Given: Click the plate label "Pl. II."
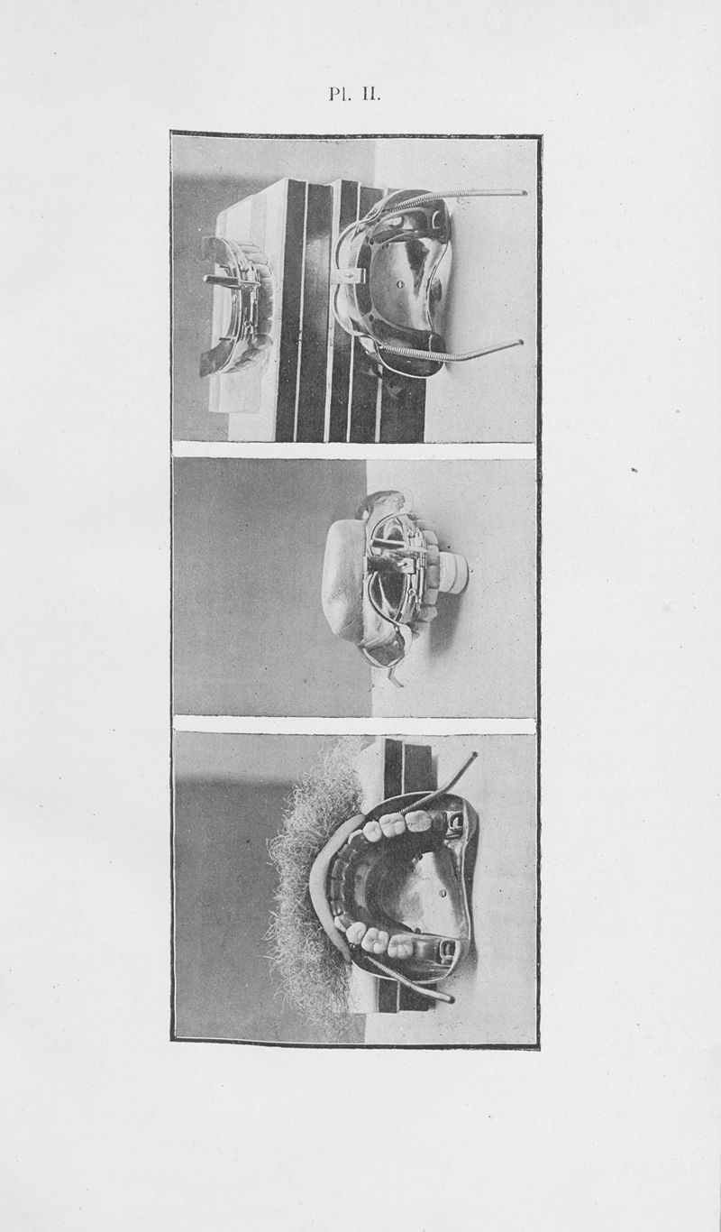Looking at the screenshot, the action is tap(354, 94).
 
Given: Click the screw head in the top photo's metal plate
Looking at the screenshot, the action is tap(401, 284).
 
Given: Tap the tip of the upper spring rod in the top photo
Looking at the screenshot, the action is tap(525, 193).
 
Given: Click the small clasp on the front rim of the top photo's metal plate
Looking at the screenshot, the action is tap(344, 275).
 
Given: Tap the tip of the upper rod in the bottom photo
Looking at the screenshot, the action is tap(474, 755).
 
